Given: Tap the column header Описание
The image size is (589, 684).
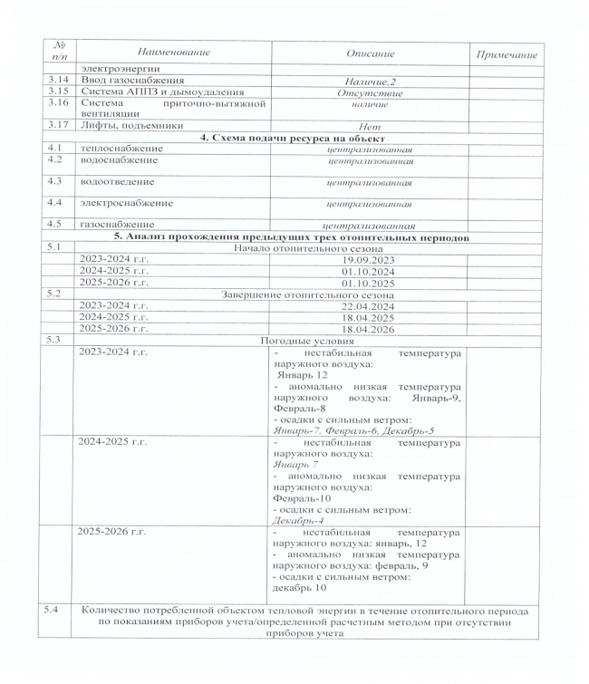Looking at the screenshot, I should pyautogui.click(x=371, y=56).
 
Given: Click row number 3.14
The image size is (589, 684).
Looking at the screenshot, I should pyautogui.click(x=59, y=81).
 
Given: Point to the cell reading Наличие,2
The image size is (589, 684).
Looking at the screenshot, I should pyautogui.click(x=371, y=81).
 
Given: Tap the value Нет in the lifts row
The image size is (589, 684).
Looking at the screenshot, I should pyautogui.click(x=371, y=126).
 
